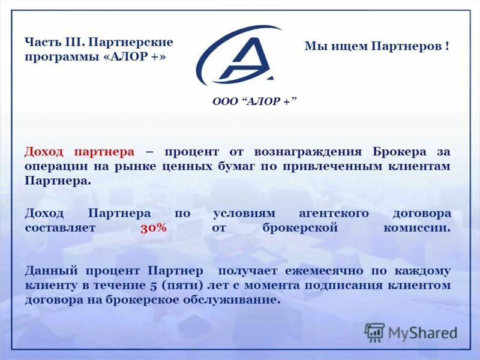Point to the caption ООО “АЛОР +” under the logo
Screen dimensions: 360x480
[255, 101]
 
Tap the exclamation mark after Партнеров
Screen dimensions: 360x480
[448, 46]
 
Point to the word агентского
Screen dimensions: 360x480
[334, 214]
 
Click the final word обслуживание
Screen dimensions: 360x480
[236, 299]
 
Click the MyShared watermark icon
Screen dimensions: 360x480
[375, 331]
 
